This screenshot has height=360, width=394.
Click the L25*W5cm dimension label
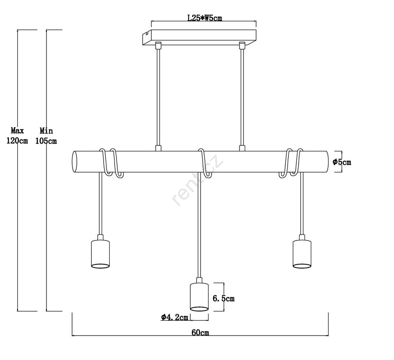(x=205, y=18)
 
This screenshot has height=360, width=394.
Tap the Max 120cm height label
(x=17, y=135)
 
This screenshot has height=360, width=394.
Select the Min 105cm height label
(x=46, y=136)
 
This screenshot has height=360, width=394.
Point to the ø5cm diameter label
(x=342, y=162)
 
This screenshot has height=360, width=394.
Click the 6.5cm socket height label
(x=223, y=299)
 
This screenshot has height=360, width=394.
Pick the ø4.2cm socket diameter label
(x=175, y=317)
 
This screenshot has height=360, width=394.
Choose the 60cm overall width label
(x=200, y=332)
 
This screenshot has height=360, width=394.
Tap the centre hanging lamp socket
(x=199, y=295)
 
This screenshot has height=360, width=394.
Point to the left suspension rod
(x=158, y=97)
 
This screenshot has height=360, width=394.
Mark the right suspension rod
(x=242, y=97)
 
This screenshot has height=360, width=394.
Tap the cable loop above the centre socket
(x=204, y=163)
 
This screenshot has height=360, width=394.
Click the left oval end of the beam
(x=74, y=161)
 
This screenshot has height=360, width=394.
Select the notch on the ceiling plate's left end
(x=146, y=33)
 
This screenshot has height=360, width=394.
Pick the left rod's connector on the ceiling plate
(x=158, y=45)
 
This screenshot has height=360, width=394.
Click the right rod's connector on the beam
(x=242, y=148)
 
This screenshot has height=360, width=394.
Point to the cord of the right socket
(x=302, y=204)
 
